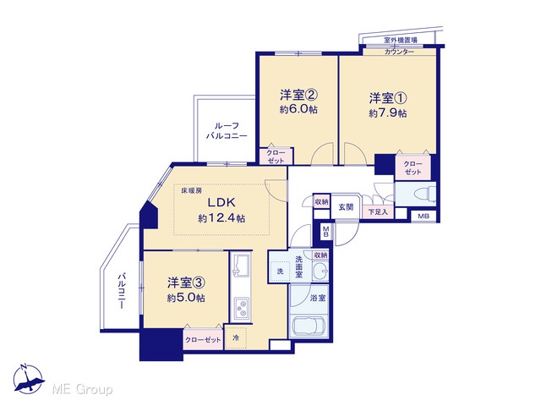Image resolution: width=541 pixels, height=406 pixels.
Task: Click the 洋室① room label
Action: pos(388,98)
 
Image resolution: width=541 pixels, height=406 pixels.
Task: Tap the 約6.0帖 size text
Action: pos(298,110)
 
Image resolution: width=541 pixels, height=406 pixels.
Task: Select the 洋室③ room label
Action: pos(186,283)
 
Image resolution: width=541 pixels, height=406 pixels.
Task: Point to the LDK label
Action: pos(221,201)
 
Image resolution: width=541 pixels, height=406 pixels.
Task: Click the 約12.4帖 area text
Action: pos(221,218)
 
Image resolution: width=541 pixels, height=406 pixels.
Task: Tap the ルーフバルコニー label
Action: pos(227,131)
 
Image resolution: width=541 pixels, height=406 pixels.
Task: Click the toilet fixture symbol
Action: pos(427,194)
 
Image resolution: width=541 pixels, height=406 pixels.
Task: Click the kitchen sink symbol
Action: pos(241,265)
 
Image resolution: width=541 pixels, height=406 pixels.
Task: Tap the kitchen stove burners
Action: pos(241,309)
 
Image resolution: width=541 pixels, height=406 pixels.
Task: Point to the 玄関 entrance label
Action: pos(346,207)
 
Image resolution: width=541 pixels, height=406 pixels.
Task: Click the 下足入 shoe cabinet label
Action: pos(378,212)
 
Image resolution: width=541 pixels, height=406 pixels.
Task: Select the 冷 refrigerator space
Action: pos(236,337)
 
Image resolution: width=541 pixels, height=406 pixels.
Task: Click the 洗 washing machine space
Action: pos(280,272)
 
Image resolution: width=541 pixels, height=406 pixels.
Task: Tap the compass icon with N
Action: pos(28,379)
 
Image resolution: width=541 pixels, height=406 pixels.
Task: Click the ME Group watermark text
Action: pos(83,390)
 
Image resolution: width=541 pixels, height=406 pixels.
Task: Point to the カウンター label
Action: pos(399,52)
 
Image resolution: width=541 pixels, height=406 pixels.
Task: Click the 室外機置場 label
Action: pos(401,40)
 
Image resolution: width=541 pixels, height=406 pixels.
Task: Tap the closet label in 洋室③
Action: pos(203,340)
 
